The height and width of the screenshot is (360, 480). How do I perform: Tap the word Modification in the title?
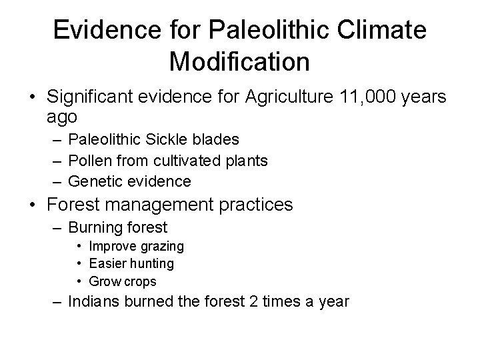point(239,61)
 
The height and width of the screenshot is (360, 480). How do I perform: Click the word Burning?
point(96,228)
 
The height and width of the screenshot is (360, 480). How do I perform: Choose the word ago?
point(62,117)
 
